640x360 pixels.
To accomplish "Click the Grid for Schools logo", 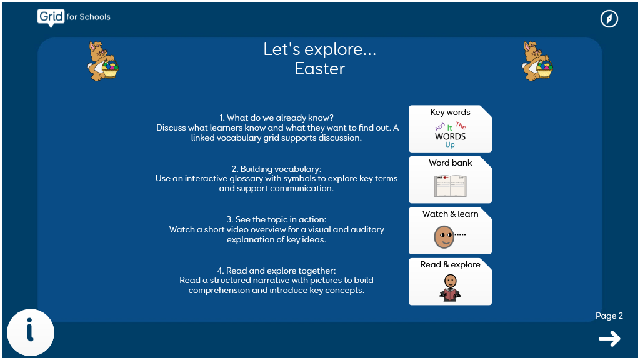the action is [x=74, y=17].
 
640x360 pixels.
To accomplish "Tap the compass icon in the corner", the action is [x=609, y=19].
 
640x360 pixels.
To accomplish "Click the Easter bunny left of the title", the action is [x=103, y=61].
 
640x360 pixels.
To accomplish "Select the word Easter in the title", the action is [x=320, y=69].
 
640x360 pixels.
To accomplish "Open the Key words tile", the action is [x=450, y=129].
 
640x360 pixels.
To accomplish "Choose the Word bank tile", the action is [x=450, y=179].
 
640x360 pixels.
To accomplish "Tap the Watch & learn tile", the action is [x=450, y=231].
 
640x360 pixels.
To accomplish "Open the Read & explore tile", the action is [x=450, y=282].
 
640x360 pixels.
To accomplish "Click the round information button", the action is [x=31, y=332].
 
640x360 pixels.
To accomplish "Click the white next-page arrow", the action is [x=609, y=339].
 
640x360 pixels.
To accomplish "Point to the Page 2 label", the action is [x=609, y=316].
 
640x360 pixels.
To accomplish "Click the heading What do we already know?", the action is [x=276, y=117].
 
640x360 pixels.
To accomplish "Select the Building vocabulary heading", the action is [x=276, y=169].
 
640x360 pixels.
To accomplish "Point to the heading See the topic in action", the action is [x=276, y=219].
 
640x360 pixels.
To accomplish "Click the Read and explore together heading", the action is [x=276, y=271].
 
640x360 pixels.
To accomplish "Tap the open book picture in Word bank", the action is [x=450, y=186].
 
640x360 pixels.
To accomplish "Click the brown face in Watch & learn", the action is [x=444, y=237].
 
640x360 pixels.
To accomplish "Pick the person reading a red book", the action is [x=450, y=287].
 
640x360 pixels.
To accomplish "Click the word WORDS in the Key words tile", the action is [x=450, y=136].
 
